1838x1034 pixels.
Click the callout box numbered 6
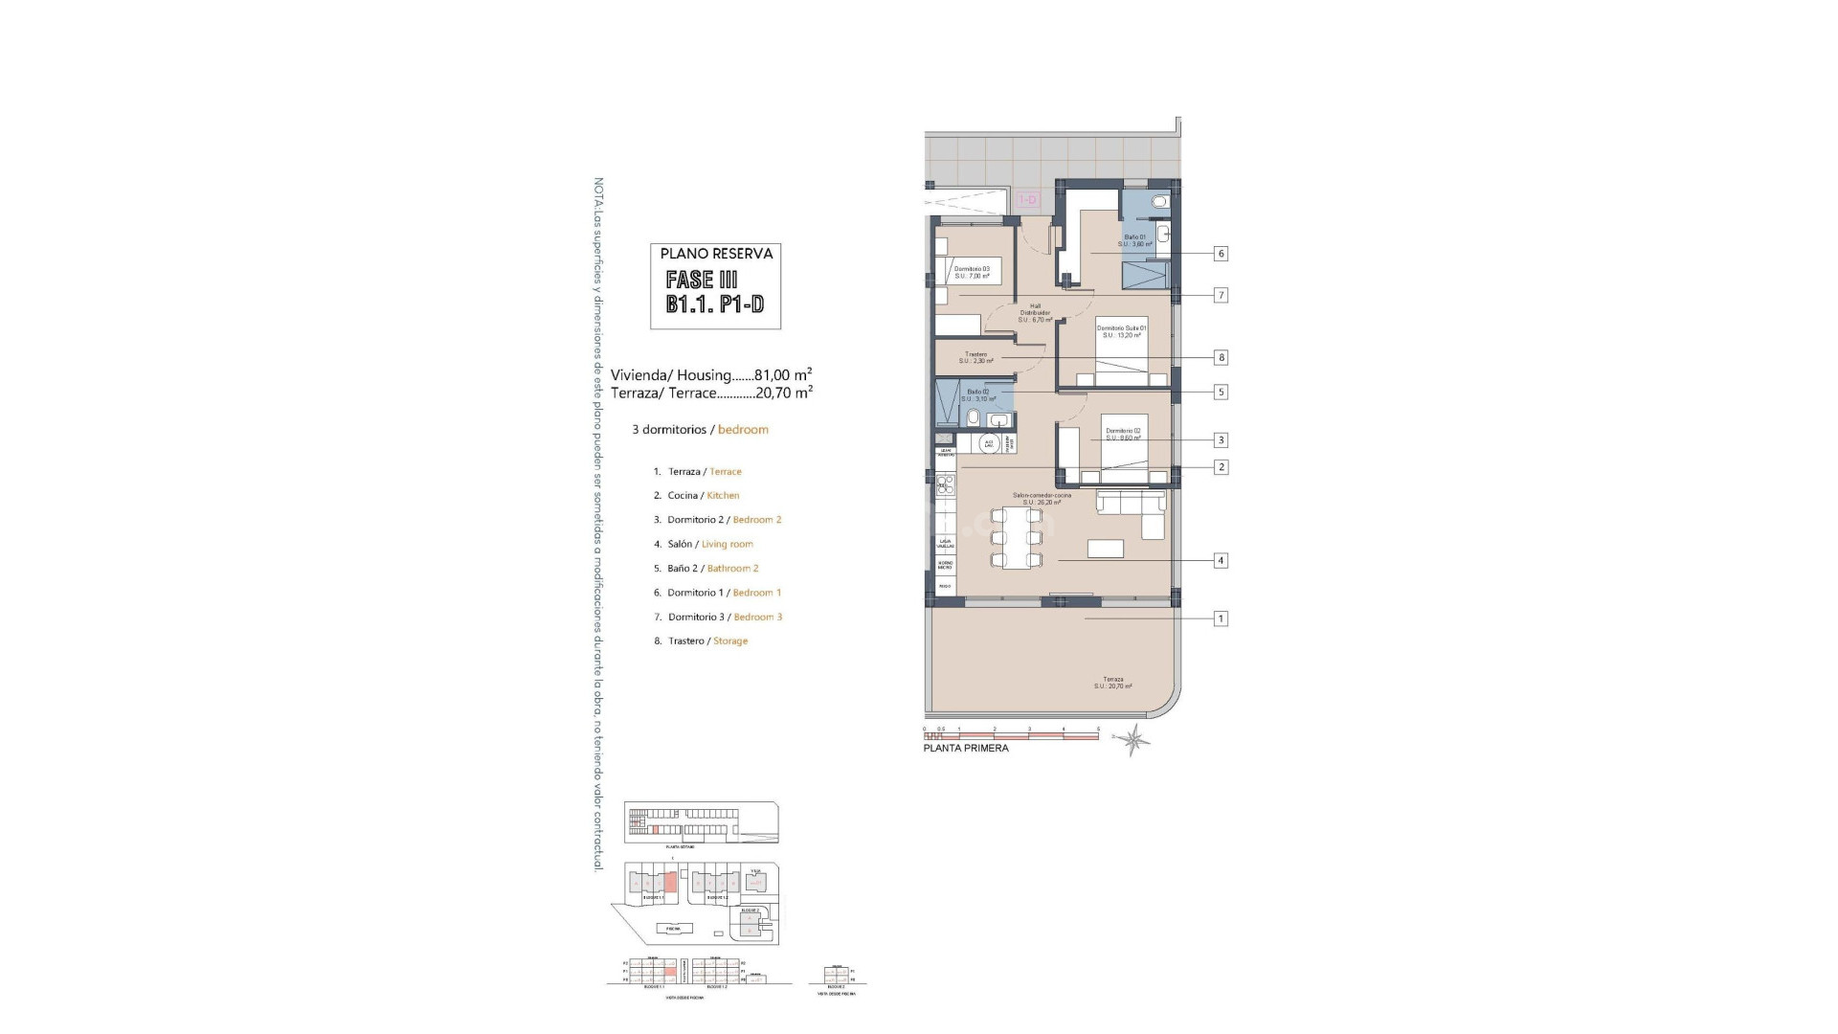pyautogui.click(x=1221, y=254)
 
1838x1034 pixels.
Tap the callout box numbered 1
pyautogui.click(x=1221, y=618)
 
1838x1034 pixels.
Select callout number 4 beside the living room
pyautogui.click(x=1221, y=560)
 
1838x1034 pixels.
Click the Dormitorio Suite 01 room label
pyautogui.click(x=1121, y=331)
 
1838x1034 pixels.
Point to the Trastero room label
pyautogui.click(x=975, y=357)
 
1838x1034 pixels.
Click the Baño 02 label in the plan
pyautogui.click(x=977, y=394)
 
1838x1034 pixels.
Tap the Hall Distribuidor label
pyautogui.click(x=1035, y=312)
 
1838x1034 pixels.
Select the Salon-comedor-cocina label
pyautogui.click(x=1042, y=498)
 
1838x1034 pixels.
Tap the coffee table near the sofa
pyautogui.click(x=1106, y=548)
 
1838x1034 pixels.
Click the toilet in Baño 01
pyautogui.click(x=1160, y=202)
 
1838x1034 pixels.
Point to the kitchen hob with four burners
pyautogui.click(x=945, y=483)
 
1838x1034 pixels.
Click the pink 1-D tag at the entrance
pyautogui.click(x=1027, y=200)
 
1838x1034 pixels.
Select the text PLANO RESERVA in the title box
pyautogui.click(x=716, y=254)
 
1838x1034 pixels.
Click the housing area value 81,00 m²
pyautogui.click(x=783, y=375)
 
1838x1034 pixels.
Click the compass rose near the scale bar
pyautogui.click(x=1135, y=739)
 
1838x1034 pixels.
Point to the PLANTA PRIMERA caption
pyautogui.click(x=965, y=748)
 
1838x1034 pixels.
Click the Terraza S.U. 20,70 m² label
pyautogui.click(x=1113, y=683)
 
